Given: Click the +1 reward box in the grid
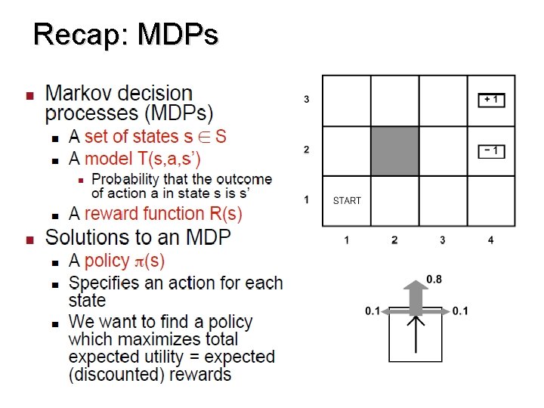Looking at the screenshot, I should (x=491, y=100).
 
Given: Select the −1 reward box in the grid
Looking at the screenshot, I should (x=491, y=150).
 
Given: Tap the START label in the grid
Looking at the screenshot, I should (x=347, y=201).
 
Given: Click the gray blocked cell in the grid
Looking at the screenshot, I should (x=394, y=151).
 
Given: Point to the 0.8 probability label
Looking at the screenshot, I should (x=434, y=280).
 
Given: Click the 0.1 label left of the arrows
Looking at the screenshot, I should (x=372, y=311).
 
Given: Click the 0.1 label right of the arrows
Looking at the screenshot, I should (x=460, y=311).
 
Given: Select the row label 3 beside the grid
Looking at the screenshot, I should (x=306, y=100).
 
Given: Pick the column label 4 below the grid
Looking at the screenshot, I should (x=490, y=240).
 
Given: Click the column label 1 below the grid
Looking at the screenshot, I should (x=346, y=240).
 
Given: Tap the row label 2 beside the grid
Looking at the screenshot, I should (x=306, y=150).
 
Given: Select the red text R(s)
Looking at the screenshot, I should (x=224, y=214).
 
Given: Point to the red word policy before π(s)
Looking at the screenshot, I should (x=107, y=261).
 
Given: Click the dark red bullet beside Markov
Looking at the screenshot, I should (x=30, y=96).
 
